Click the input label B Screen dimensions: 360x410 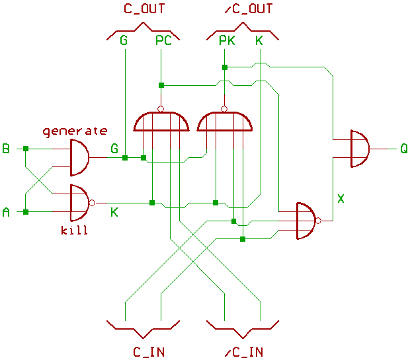(x=6, y=149)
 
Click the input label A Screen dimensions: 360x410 (x=6, y=212)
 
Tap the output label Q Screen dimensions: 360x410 (x=403, y=148)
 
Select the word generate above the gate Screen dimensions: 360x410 (x=75, y=131)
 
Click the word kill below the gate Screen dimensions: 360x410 (x=74, y=231)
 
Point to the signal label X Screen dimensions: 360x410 (x=341, y=198)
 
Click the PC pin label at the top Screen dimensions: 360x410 (x=163, y=41)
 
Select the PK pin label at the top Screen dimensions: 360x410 (x=227, y=41)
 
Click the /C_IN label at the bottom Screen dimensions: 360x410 (x=243, y=351)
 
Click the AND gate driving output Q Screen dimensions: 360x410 (x=358, y=149)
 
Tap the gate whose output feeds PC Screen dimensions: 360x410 (x=161, y=122)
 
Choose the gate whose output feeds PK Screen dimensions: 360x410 (x=225, y=122)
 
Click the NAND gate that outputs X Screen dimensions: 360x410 (x=306, y=221)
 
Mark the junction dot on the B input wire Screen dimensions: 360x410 (x=26, y=149)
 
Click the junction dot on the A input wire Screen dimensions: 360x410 (x=26, y=212)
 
